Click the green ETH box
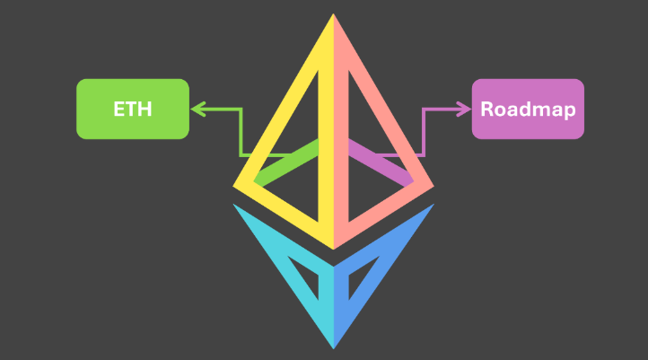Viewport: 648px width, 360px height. point(133,109)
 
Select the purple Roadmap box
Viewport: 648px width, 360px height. point(528,109)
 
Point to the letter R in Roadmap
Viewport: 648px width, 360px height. point(486,110)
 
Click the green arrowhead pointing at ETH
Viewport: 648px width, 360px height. point(197,110)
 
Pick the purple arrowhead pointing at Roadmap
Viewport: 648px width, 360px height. point(464,110)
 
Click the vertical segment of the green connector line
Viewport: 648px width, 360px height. point(241,132)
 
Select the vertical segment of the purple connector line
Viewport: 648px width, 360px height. point(424,132)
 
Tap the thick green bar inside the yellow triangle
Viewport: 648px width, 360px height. point(287,162)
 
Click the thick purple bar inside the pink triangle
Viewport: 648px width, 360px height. point(380,162)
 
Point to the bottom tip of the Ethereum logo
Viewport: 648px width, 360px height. point(333,347)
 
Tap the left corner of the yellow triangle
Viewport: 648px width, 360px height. point(237,186)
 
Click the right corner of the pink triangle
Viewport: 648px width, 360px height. point(430,186)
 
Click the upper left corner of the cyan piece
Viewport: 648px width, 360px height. point(236,206)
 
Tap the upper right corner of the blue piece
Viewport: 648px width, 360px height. point(431,206)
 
